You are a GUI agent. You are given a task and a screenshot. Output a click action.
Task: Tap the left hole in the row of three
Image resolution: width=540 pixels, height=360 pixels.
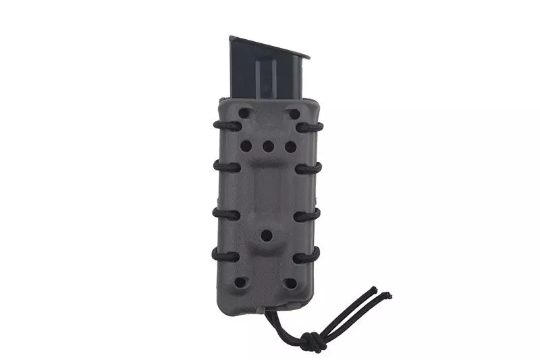coord(246,145)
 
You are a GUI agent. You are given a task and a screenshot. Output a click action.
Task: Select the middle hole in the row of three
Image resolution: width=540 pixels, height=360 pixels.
coord(268,146)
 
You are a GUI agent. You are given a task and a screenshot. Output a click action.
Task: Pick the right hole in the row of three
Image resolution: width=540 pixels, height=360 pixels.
coord(290,145)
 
